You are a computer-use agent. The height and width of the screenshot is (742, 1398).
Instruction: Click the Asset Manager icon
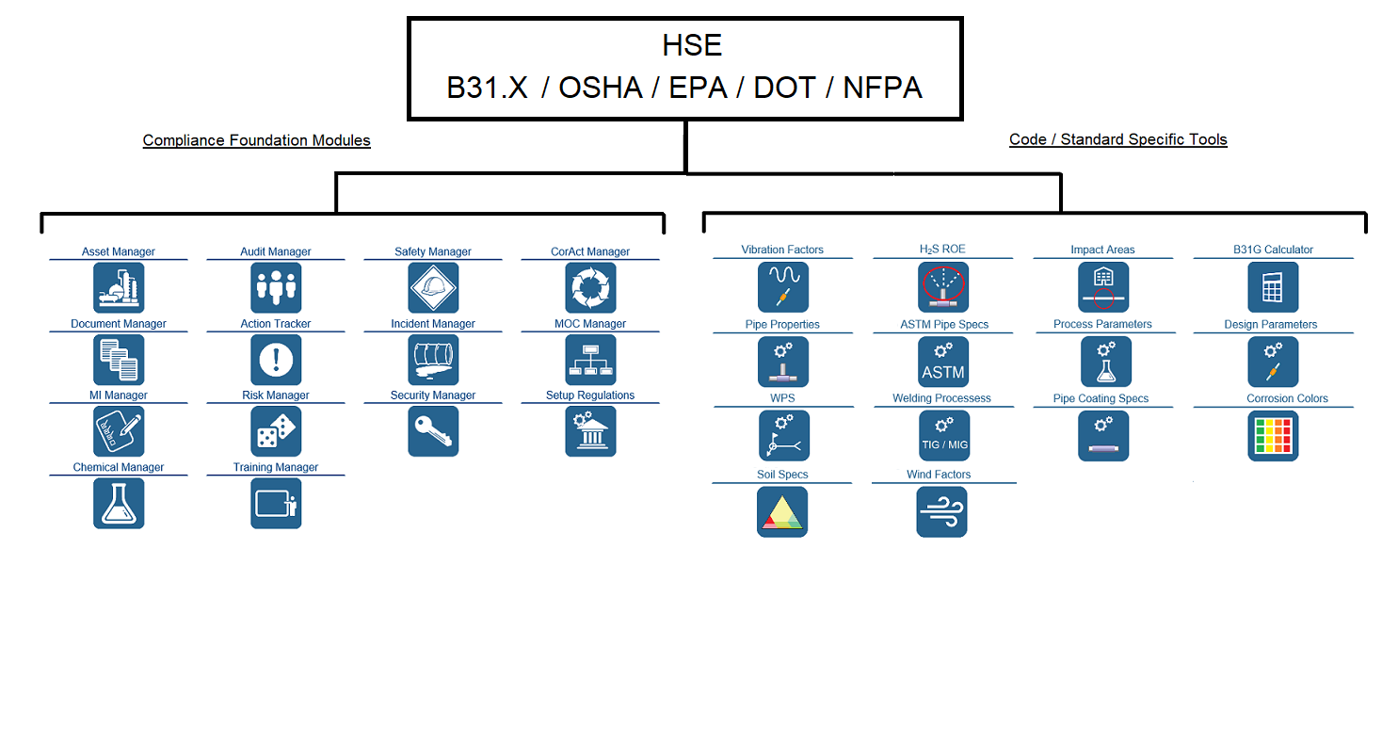[x=119, y=288]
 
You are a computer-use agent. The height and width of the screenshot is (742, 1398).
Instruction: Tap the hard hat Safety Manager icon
[x=433, y=288]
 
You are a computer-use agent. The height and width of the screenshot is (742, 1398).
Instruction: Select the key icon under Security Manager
[x=433, y=431]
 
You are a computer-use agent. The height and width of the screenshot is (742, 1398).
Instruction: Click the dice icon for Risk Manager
[x=276, y=431]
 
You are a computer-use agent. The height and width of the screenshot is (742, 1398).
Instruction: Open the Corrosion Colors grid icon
[x=1273, y=436]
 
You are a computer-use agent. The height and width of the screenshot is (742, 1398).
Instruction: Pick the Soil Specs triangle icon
[x=782, y=511]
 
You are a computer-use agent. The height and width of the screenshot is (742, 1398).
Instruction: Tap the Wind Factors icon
[x=941, y=511]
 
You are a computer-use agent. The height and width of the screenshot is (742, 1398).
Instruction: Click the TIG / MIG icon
[x=944, y=436]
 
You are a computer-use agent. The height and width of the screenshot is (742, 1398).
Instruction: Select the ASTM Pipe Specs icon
[x=943, y=362]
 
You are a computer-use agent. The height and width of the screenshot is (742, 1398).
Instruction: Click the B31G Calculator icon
[x=1273, y=287]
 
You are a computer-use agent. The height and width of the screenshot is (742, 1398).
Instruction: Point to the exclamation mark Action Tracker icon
[x=276, y=360]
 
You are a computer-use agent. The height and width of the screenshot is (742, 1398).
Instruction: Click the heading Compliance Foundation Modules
[x=256, y=140]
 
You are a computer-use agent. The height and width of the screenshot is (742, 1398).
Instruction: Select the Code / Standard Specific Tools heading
[x=1118, y=139]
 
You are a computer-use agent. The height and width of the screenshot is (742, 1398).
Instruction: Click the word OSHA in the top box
[x=601, y=88]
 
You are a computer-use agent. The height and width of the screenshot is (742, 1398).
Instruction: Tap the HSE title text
[x=692, y=45]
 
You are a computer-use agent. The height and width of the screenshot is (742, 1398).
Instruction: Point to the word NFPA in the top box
[x=882, y=88]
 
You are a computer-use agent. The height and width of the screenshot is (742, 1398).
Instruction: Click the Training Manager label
[x=276, y=467]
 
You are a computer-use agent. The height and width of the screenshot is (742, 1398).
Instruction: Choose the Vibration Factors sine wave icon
[x=783, y=287]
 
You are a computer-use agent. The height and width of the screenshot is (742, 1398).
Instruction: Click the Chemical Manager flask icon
[x=119, y=504]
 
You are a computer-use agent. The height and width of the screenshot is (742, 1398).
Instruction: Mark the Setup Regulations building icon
[x=590, y=431]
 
